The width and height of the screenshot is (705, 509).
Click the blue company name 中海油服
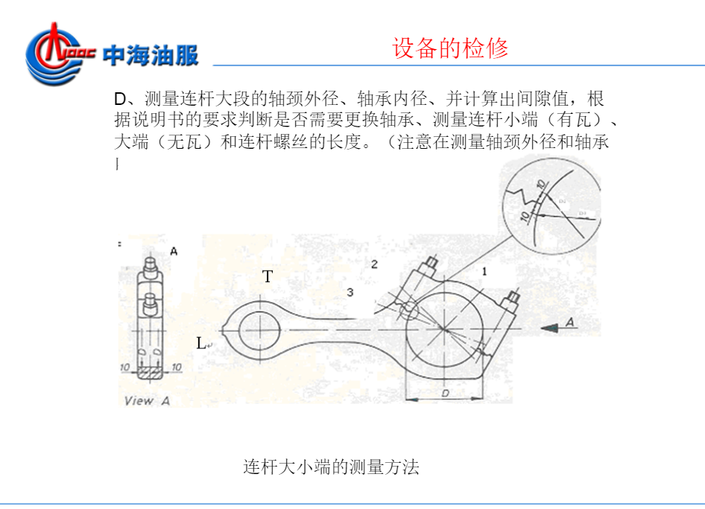point(151,55)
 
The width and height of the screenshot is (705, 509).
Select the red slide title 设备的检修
point(450,48)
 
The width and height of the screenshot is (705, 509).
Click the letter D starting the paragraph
point(120,100)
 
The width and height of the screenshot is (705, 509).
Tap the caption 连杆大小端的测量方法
point(332,467)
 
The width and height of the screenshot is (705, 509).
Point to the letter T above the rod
point(268,277)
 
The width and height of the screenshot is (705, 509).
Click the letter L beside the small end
point(202,343)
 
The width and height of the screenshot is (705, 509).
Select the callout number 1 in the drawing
point(484,272)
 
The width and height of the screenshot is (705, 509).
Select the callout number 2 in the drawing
point(374,264)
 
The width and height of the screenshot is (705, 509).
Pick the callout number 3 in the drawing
point(350,292)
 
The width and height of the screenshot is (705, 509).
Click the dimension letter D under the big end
point(445,392)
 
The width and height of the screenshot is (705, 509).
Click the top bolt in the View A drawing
point(149,265)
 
